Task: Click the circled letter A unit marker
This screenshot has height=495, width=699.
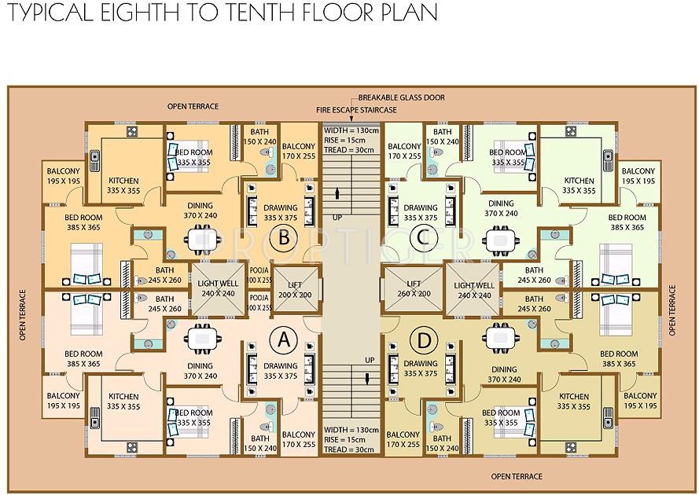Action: [283, 340]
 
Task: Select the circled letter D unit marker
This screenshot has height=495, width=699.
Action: [425, 341]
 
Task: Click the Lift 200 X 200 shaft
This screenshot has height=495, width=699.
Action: [296, 288]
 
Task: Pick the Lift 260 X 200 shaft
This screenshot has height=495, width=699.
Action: [413, 288]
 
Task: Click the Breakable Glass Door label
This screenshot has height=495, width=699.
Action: [401, 97]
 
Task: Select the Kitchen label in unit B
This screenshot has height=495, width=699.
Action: [123, 185]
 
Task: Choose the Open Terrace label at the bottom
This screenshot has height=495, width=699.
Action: [517, 476]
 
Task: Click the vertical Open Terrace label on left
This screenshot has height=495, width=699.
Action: [23, 314]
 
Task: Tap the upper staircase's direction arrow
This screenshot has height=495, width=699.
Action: [337, 192]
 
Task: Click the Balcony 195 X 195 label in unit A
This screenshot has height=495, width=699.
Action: [63, 401]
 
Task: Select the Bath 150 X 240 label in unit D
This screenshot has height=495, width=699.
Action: [442, 443]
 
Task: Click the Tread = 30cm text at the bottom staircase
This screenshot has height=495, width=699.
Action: [351, 449]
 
